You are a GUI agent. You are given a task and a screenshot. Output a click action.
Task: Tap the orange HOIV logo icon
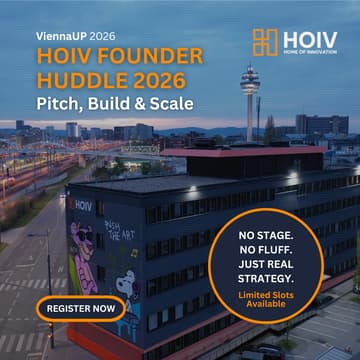point(264,42)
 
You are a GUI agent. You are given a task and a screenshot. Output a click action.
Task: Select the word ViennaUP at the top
point(62,33)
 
